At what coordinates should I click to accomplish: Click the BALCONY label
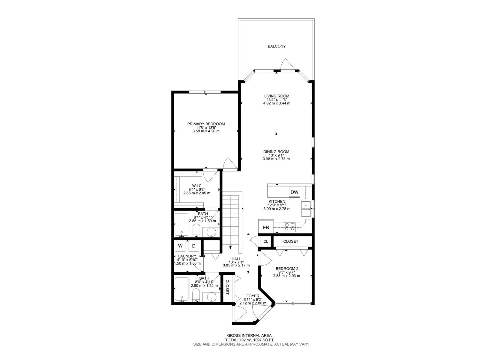pyautogui.click(x=276, y=46)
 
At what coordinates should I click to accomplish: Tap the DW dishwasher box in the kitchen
pyautogui.click(x=294, y=192)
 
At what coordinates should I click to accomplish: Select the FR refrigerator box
pyautogui.click(x=266, y=228)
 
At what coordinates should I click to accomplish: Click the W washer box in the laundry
pyautogui.click(x=180, y=246)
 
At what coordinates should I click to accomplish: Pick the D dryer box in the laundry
pyautogui.click(x=194, y=246)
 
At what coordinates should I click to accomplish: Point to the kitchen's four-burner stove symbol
pyautogui.click(x=290, y=226)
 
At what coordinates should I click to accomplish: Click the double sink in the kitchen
pyautogui.click(x=306, y=209)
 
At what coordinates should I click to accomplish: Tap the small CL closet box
pyautogui.click(x=265, y=241)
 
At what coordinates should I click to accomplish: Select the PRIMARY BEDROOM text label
pyautogui.click(x=206, y=124)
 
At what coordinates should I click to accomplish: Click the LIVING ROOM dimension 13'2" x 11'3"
pyautogui.click(x=276, y=100)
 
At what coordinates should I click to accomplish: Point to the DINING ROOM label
pyautogui.click(x=276, y=152)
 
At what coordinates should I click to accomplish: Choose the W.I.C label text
pyautogui.click(x=196, y=186)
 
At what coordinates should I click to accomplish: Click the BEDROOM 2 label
pyautogui.click(x=286, y=269)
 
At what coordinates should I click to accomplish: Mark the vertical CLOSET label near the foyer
pyautogui.click(x=227, y=287)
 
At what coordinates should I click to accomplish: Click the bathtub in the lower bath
pyautogui.click(x=181, y=290)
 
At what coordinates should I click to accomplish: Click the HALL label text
pyautogui.click(x=236, y=259)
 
